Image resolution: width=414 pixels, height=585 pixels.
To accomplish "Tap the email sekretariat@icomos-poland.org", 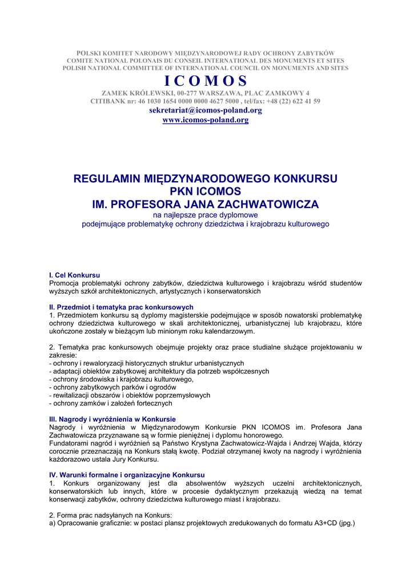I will click(x=206, y=110).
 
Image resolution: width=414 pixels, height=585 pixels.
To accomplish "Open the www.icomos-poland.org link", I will click(x=206, y=120).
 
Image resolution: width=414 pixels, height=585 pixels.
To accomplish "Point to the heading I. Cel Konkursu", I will click(x=75, y=275).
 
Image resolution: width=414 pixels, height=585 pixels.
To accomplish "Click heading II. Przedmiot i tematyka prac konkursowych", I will click(x=122, y=307).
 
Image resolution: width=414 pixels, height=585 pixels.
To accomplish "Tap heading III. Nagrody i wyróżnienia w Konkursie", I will click(x=112, y=419).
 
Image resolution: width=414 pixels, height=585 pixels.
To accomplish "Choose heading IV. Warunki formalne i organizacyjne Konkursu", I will click(x=127, y=475).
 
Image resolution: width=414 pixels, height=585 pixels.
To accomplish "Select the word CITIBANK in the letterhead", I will click(x=110, y=101).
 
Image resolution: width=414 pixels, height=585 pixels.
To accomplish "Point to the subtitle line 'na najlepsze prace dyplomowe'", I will click(x=206, y=215).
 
